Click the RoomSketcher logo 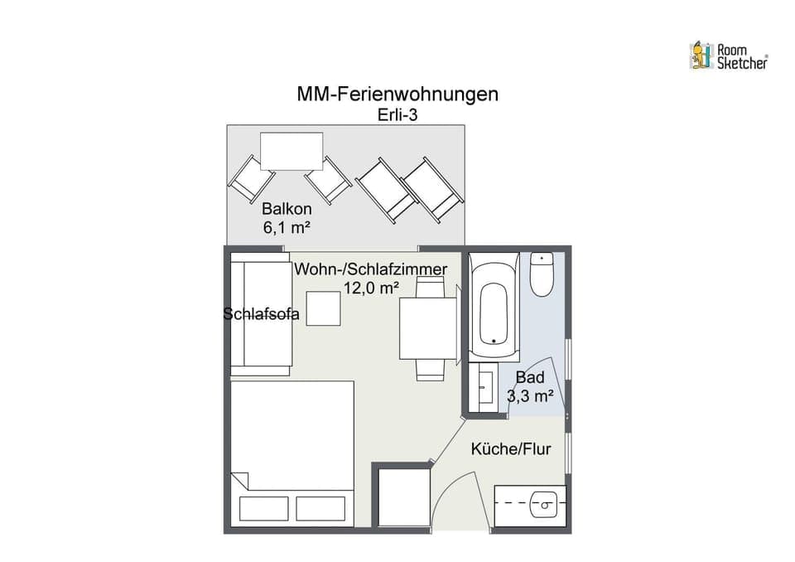[x=728, y=56]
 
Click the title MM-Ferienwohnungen [x=397, y=94]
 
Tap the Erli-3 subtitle [x=397, y=115]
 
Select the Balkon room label [x=287, y=209]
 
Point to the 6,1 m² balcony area [x=287, y=227]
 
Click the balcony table [x=291, y=150]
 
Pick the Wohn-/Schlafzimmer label [x=371, y=269]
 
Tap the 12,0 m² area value [x=371, y=287]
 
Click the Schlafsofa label [x=262, y=313]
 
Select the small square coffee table [x=324, y=308]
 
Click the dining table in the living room [x=428, y=328]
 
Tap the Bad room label [x=530, y=378]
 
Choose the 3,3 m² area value [x=530, y=396]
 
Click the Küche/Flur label [x=511, y=449]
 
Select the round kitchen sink [x=545, y=502]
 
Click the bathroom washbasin [x=484, y=389]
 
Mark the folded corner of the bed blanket [x=240, y=481]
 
